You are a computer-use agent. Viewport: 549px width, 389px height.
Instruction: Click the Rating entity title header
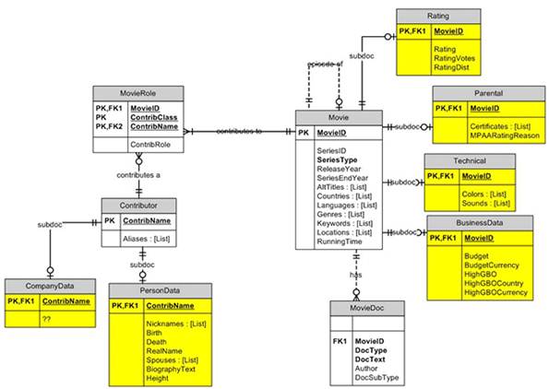tap(438, 17)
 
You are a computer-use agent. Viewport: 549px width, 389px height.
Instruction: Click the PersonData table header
tap(160, 289)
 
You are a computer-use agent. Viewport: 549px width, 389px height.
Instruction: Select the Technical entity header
tap(469, 159)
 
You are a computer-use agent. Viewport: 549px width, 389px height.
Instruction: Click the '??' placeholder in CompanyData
tap(45, 319)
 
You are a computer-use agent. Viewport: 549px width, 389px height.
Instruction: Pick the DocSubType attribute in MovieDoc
tap(378, 378)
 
